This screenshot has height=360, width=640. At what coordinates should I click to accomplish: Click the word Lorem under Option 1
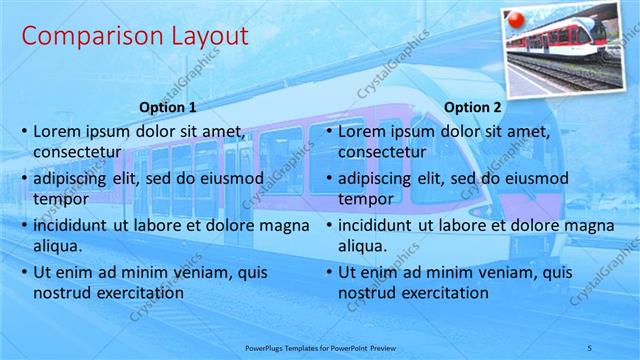[x=56, y=131]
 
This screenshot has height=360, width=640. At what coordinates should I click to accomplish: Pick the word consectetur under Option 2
[x=383, y=153]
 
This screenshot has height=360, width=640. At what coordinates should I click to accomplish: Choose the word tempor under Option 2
[x=362, y=199]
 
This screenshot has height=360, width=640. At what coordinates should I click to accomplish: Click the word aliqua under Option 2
[x=362, y=246]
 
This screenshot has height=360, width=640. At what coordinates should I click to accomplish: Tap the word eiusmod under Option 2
[x=538, y=178]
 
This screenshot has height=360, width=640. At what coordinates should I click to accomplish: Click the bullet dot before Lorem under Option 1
[x=24, y=132]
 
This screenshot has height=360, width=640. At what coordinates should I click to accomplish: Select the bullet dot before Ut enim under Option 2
[x=328, y=273]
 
